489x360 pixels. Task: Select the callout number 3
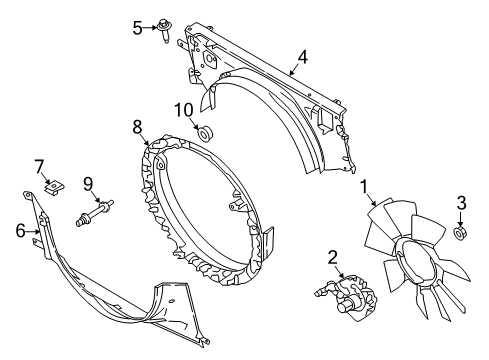pos(461,205)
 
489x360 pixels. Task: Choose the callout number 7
pos(40,164)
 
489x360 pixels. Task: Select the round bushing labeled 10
pos(207,132)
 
